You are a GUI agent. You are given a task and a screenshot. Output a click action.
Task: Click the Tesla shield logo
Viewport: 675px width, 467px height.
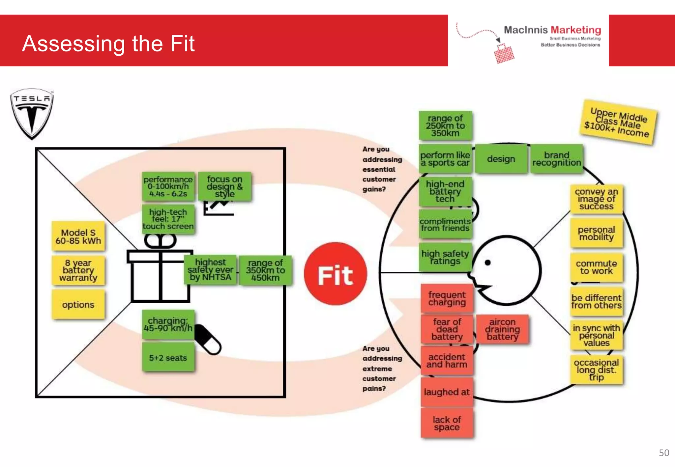tap(32, 113)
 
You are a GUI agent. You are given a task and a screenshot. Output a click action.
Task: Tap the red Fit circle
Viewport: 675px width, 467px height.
tap(335, 273)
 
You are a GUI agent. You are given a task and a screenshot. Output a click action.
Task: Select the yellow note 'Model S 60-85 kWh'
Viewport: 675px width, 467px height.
tap(78, 236)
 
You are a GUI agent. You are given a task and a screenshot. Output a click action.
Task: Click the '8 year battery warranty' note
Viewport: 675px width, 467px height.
tap(78, 270)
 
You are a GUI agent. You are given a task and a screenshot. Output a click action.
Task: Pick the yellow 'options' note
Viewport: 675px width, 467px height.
tap(78, 305)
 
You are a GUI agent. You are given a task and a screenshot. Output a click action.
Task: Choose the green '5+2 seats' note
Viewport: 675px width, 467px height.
tap(168, 358)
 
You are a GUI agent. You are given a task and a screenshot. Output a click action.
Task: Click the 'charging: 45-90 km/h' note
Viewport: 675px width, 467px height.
tap(168, 324)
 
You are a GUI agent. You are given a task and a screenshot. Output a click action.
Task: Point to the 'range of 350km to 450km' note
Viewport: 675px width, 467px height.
tap(265, 270)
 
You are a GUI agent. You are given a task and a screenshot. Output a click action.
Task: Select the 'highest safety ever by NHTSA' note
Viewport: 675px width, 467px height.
tap(210, 270)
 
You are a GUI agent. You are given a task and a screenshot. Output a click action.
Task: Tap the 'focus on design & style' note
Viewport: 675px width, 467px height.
tap(224, 186)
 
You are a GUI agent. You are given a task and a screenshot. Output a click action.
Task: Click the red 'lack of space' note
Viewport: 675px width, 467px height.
tap(447, 423)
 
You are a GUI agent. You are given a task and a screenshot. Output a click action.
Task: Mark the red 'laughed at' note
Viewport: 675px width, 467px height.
tap(447, 392)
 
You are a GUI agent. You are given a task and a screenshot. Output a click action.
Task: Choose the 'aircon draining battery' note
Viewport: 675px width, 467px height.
tap(502, 329)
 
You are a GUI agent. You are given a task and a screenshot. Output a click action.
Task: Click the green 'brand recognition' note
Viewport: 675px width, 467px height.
tap(556, 159)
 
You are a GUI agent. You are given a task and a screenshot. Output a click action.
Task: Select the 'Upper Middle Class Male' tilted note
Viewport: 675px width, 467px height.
tap(618, 122)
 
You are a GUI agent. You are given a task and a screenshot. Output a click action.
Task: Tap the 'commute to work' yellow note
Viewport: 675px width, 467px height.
tap(596, 267)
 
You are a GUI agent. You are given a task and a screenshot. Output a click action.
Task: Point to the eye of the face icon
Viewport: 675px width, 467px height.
tap(488, 262)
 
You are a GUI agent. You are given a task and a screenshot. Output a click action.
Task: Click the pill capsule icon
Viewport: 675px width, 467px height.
tap(208, 339)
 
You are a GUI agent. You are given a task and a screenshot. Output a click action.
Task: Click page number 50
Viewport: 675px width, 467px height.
tap(664, 453)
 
